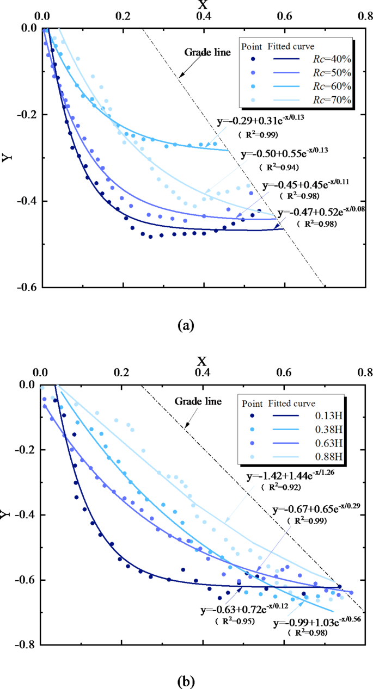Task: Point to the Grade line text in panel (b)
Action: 198,402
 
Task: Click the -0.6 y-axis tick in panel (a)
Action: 24,287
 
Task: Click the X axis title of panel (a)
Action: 204,5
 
